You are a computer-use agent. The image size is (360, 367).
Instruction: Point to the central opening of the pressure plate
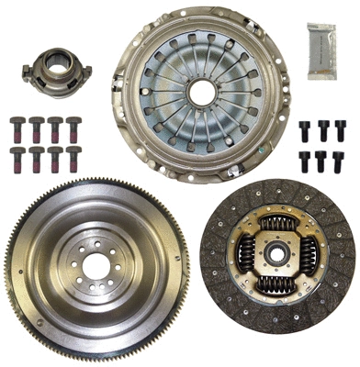click(201, 90)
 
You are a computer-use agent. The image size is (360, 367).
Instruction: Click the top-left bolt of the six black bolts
click(305, 130)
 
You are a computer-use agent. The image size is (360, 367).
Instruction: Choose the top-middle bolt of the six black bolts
click(322, 130)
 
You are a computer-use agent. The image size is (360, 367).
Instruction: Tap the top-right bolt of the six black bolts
click(340, 130)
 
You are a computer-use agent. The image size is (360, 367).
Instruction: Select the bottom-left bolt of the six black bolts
click(305, 161)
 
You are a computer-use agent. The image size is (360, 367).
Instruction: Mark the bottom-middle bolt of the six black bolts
click(322, 161)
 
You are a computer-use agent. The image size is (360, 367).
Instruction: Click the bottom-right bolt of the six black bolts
click(340, 161)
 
